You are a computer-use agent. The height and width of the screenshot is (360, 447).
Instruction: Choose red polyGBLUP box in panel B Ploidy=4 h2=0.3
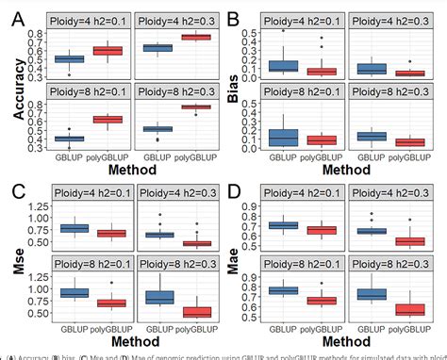[409, 72]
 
